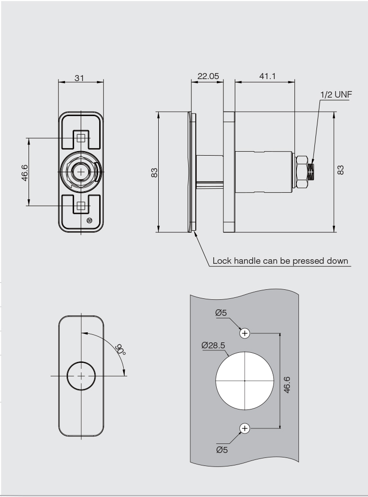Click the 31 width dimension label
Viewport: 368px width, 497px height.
[81, 77]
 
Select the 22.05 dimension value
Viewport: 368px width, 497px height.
[208, 76]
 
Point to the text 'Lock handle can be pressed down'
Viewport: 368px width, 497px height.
[280, 261]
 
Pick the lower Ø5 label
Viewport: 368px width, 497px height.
[221, 449]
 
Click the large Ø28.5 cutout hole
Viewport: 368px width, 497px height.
[245, 380]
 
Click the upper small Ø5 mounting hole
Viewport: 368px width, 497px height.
[245, 333]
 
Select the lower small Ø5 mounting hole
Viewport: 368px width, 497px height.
[245, 428]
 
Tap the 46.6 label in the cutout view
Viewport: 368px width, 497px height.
[287, 381]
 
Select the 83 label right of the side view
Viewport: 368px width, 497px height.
[341, 172]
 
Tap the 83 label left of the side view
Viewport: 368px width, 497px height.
[155, 172]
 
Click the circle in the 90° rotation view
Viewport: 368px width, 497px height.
[81, 375]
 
